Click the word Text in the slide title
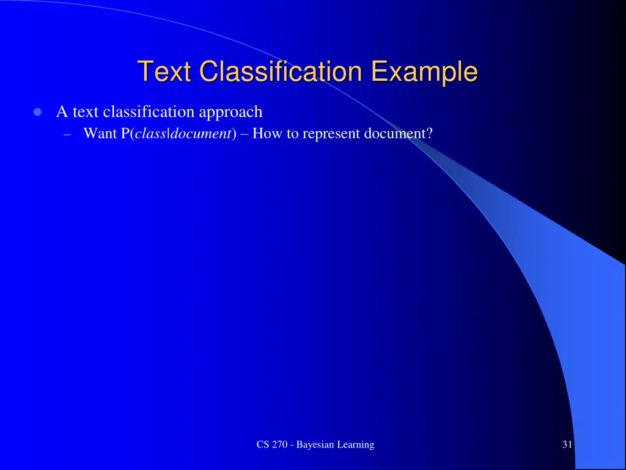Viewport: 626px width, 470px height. [x=166, y=72]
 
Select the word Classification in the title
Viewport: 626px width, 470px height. [x=282, y=72]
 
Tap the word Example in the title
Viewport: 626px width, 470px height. [x=424, y=72]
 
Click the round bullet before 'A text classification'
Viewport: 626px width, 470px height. [x=37, y=113]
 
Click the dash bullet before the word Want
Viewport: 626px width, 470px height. [x=67, y=134]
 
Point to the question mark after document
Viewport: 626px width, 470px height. [x=429, y=133]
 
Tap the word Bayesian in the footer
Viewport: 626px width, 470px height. [x=313, y=445]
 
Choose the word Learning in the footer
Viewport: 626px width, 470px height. [x=354, y=445]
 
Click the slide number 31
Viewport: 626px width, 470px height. [x=567, y=445]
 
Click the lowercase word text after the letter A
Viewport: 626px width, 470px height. [x=86, y=113]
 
